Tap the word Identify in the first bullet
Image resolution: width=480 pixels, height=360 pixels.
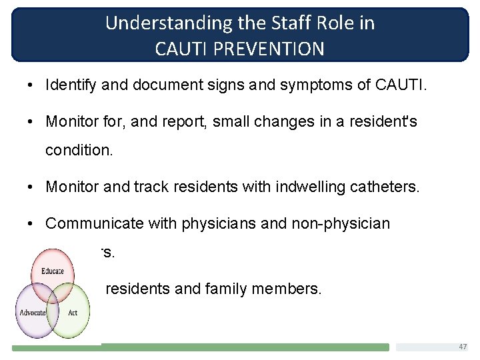[x=68, y=85]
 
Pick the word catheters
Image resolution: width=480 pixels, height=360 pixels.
[x=387, y=187]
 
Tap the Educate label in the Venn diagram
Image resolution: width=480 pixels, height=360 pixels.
[x=53, y=271]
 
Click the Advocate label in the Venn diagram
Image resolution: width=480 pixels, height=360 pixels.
[x=33, y=313]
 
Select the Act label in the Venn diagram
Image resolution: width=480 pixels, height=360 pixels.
[x=73, y=313]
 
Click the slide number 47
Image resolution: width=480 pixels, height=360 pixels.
[x=463, y=347]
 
